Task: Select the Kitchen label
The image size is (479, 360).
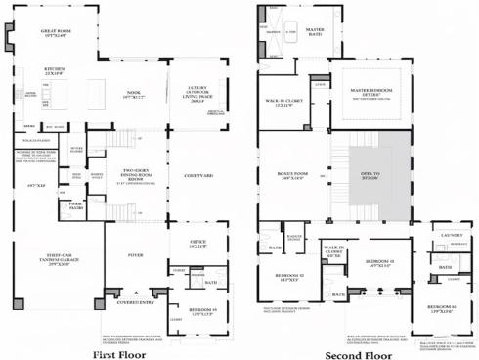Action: coord(53,70)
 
